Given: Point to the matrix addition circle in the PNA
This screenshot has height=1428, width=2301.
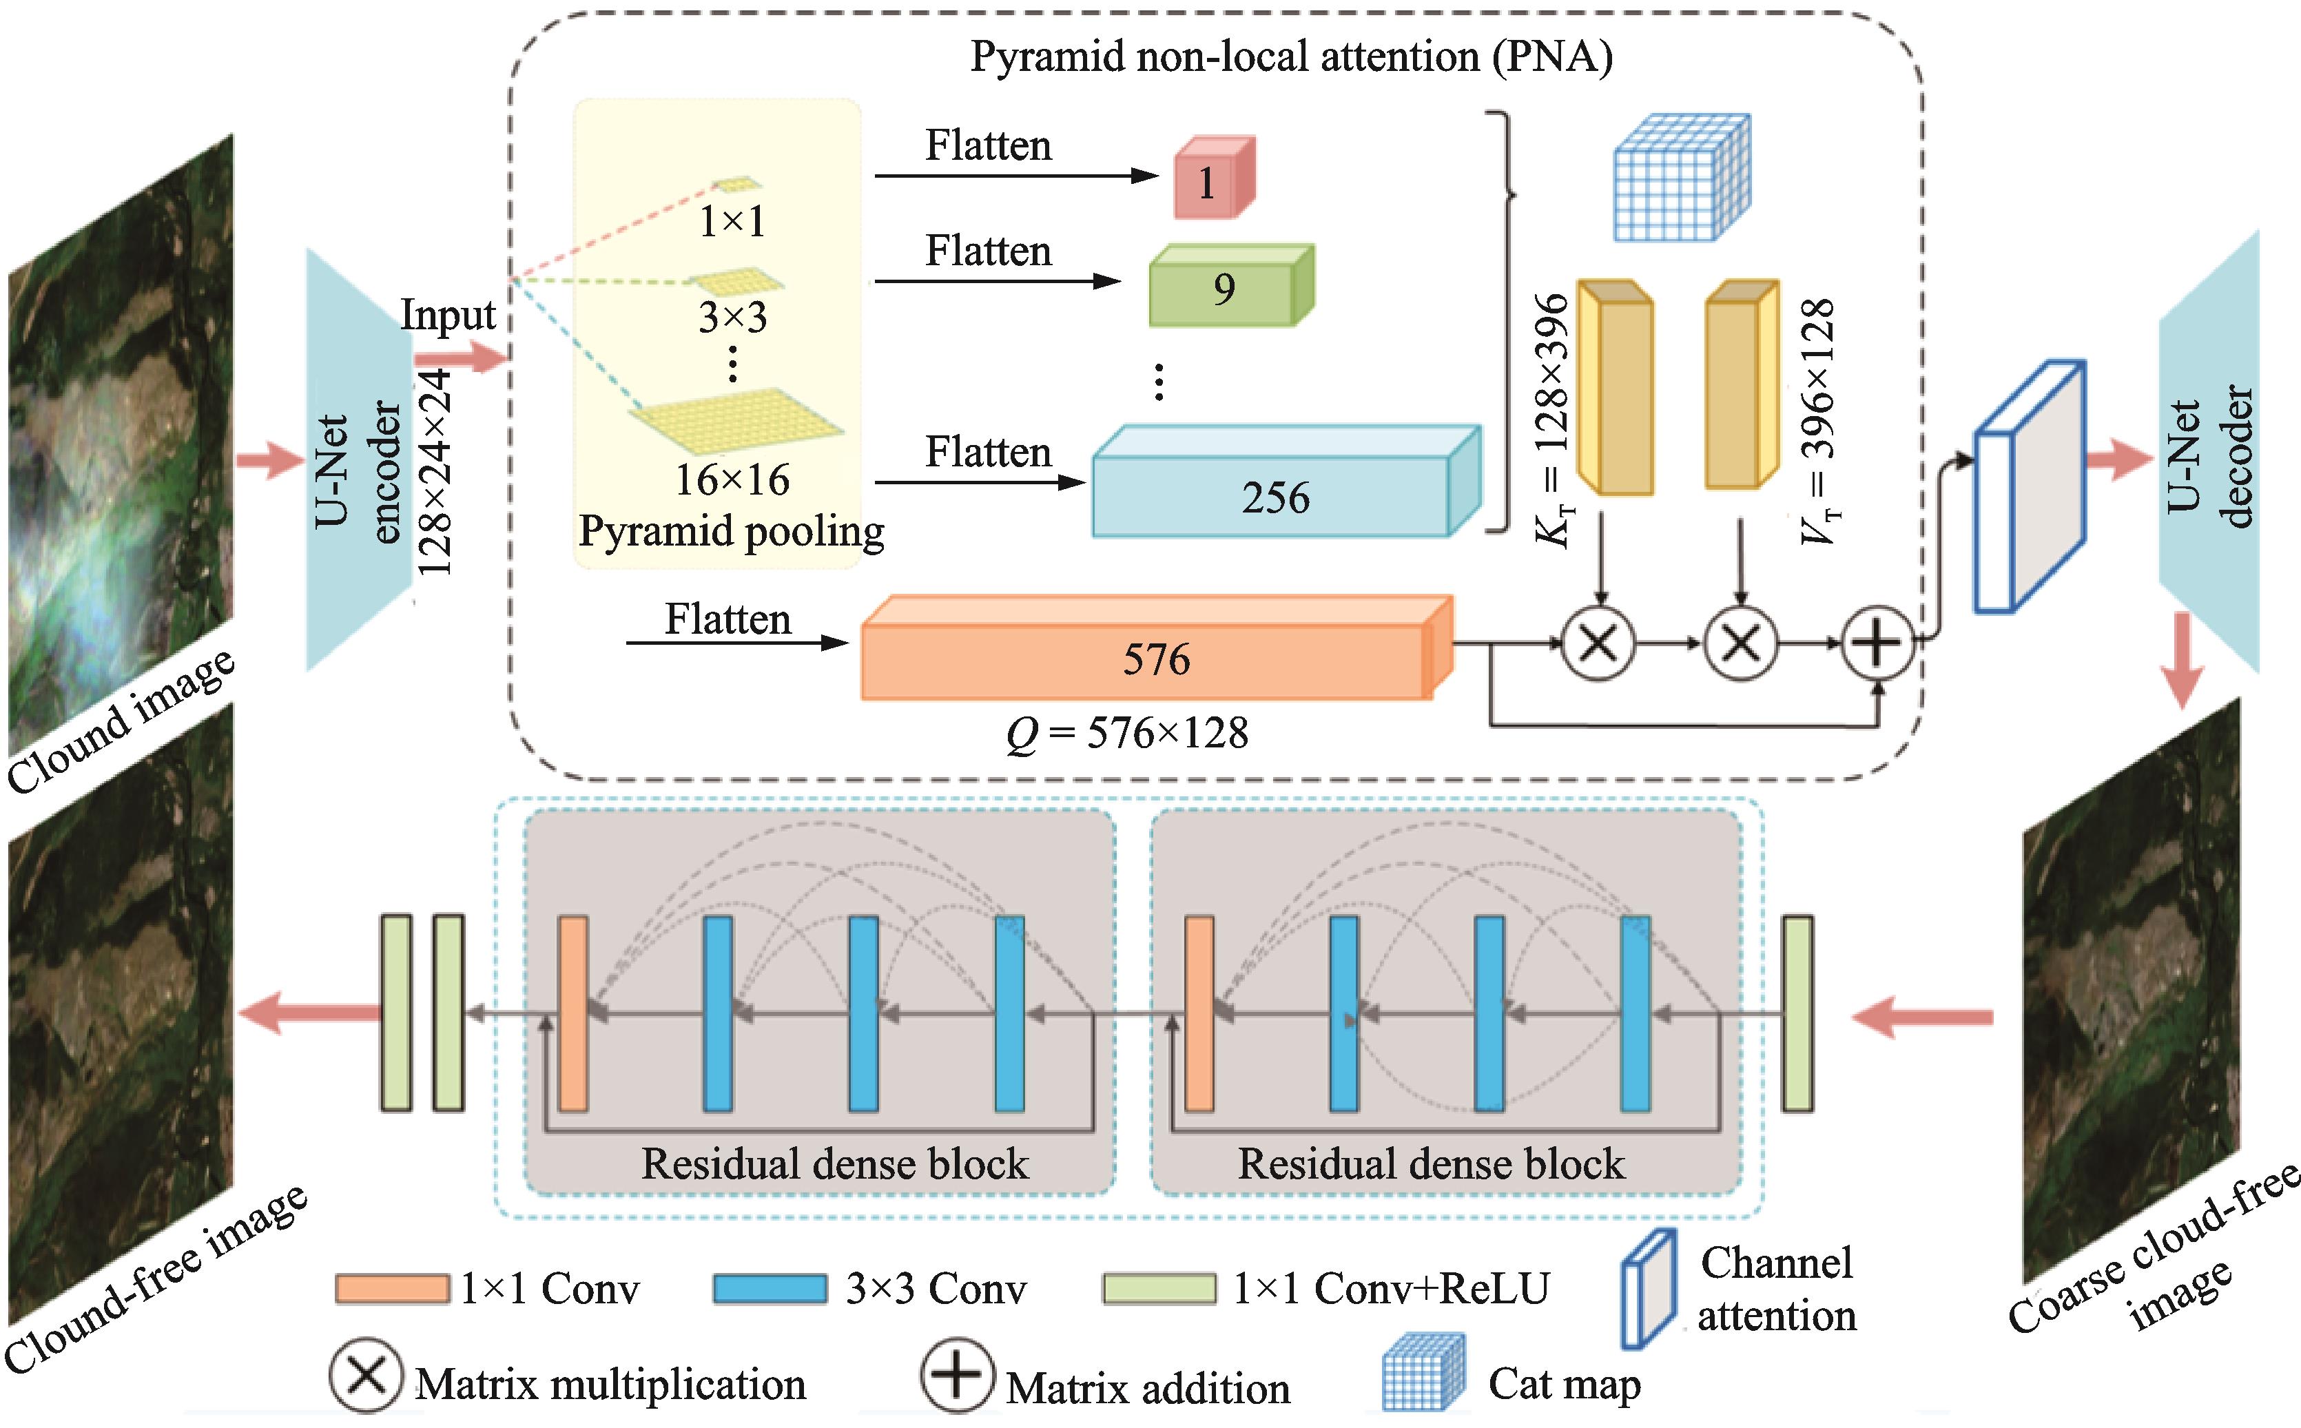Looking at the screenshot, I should click(x=1878, y=643).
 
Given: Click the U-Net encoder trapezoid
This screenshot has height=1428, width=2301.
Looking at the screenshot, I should click(x=359, y=461).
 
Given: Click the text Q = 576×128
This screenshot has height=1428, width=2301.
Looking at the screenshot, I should click(x=1128, y=734).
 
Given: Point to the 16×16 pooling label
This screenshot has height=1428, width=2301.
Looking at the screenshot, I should click(x=732, y=479).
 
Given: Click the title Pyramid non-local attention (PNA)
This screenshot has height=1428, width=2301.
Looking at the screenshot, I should click(x=1290, y=56).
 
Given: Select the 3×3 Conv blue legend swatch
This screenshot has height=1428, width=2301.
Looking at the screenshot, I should click(x=770, y=1289).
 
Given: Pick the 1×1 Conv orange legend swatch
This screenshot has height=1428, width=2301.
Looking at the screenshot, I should click(x=392, y=1289).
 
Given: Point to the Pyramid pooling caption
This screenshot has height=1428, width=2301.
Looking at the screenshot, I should click(x=731, y=531).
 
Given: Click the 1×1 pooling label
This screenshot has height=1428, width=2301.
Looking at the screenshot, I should click(x=732, y=222).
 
